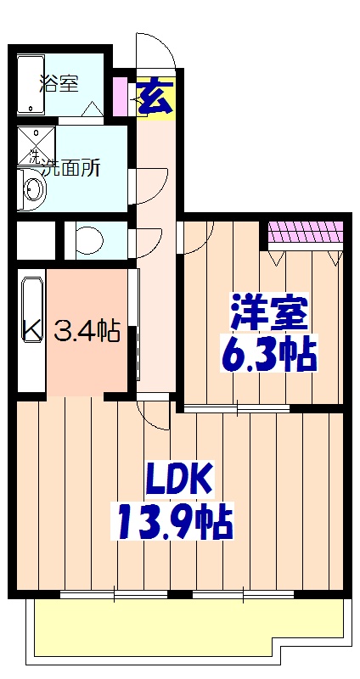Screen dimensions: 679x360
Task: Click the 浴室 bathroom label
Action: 59,83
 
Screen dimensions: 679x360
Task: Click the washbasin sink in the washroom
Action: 32,188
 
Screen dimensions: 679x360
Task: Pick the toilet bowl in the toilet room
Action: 86,240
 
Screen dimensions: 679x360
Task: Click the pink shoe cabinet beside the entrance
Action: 121,96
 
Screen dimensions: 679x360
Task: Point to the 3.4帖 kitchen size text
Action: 87,330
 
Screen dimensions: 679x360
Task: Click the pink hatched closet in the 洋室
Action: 306,231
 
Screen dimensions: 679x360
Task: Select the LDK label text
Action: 177,481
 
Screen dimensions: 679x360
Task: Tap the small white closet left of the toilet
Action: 35,240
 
